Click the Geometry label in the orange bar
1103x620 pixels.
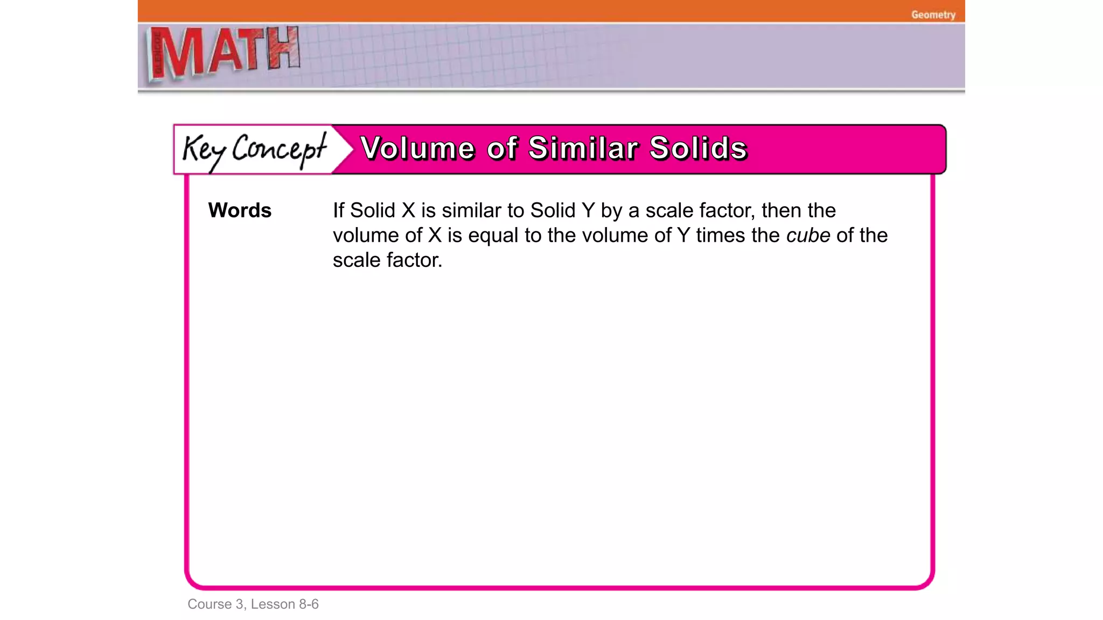pyautogui.click(x=933, y=15)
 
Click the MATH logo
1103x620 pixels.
pyautogui.click(x=224, y=53)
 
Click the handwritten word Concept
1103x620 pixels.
pyautogui.click(x=279, y=149)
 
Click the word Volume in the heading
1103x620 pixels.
pyautogui.click(x=417, y=148)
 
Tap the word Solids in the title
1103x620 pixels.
pyautogui.click(x=698, y=148)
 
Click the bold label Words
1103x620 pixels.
pyautogui.click(x=240, y=210)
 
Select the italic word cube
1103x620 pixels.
pyautogui.click(x=808, y=235)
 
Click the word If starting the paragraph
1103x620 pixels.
pyautogui.click(x=338, y=210)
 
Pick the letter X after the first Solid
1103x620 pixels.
pyautogui.click(x=408, y=210)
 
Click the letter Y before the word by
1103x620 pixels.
pyautogui.click(x=588, y=210)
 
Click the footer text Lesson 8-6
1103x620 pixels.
pyautogui.click(x=284, y=604)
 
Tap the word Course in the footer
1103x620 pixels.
pyautogui.click(x=209, y=604)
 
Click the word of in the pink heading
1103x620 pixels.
pyautogui.click(x=502, y=148)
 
